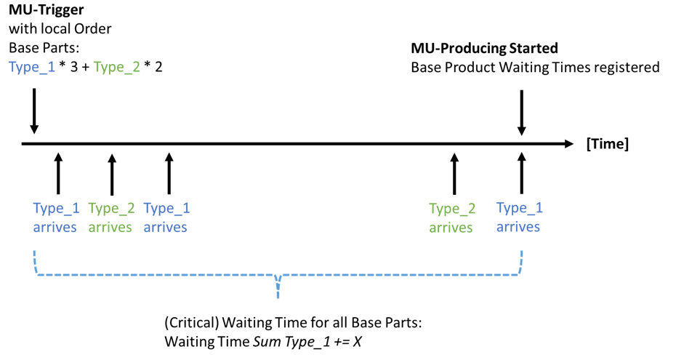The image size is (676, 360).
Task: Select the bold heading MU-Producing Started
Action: pyautogui.click(x=484, y=49)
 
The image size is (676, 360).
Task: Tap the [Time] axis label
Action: pyautogui.click(x=607, y=144)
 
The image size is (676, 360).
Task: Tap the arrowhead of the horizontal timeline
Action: pyautogui.click(x=567, y=144)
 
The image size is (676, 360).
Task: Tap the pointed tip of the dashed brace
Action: pyautogui.click(x=278, y=295)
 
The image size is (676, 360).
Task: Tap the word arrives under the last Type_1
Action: pyautogui.click(x=518, y=226)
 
